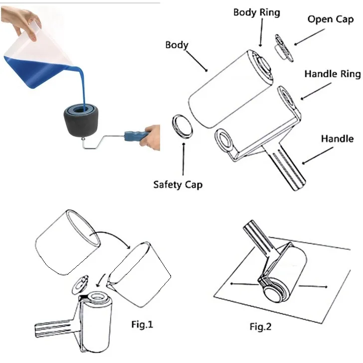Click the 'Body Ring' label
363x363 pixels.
coord(256,12)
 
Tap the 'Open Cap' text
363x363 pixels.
coord(331,19)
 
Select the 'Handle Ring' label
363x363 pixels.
coord(333,74)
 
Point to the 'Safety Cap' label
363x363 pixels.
coord(178,185)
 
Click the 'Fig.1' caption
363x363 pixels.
coord(142,324)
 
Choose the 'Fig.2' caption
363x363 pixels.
coord(260,327)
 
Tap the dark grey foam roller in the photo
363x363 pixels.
coord(81,120)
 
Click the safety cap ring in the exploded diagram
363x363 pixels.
coord(182,127)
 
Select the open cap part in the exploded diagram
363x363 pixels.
coord(284,48)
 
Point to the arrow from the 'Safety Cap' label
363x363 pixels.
coord(183,159)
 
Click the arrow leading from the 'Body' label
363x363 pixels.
coord(196,61)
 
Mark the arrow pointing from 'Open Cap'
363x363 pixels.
coord(309,37)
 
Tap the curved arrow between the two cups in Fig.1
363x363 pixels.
coord(110,236)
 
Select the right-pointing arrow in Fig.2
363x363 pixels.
coord(313,286)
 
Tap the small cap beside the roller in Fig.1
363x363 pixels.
coord(80,285)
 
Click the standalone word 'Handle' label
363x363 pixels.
coord(337,139)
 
